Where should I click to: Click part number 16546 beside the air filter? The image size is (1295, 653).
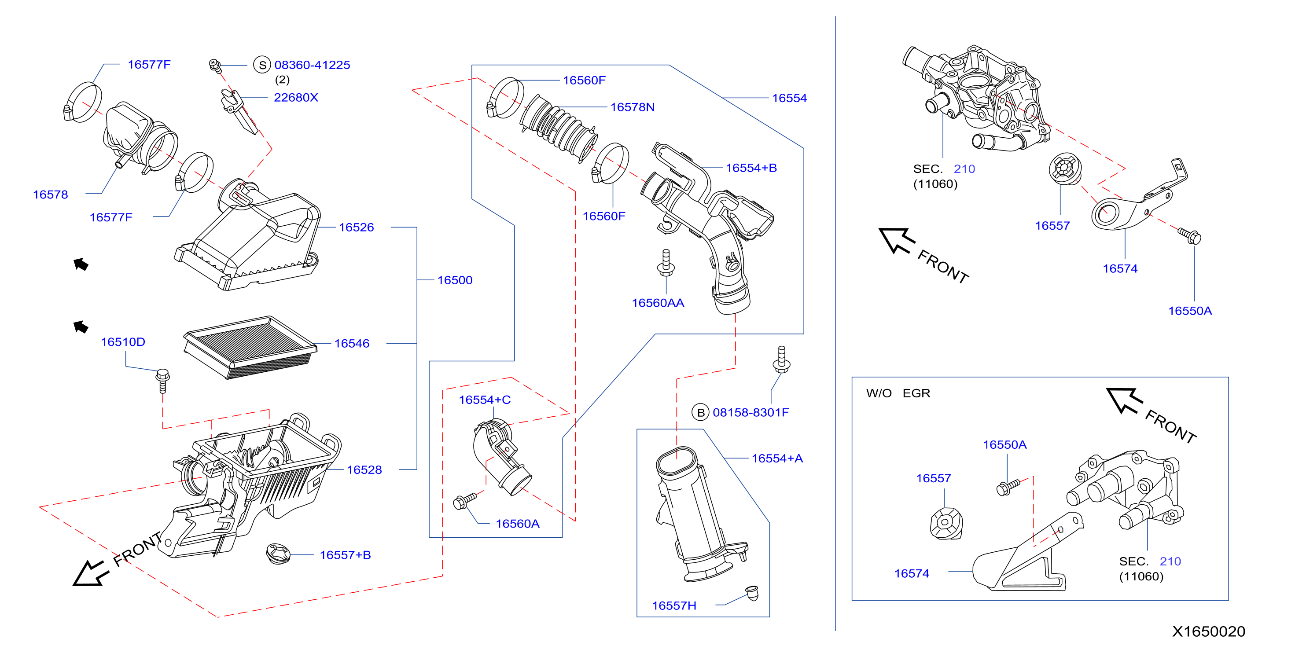coord(351,343)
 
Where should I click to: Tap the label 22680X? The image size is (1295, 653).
coord(296,98)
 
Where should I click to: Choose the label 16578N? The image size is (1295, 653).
coord(632,107)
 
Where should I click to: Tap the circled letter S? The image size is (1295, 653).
coord(262,65)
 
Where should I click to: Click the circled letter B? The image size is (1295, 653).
coord(700,413)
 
